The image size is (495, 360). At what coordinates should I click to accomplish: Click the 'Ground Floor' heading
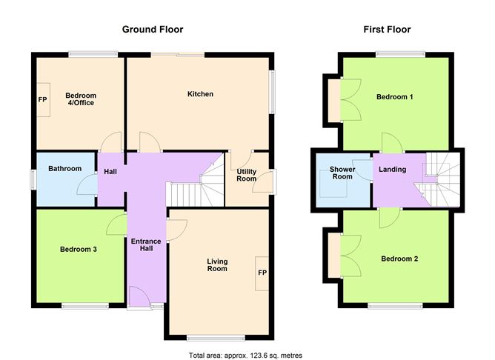tap(152, 30)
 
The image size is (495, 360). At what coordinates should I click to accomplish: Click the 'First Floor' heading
tap(387, 30)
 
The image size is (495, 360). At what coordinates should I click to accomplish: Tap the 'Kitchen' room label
tap(200, 94)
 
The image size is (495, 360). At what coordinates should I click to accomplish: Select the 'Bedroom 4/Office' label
tap(81, 99)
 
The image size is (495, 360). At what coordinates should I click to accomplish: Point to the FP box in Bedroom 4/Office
tap(42, 99)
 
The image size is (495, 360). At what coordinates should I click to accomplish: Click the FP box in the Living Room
tap(262, 273)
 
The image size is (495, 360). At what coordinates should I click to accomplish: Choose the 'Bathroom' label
tap(64, 169)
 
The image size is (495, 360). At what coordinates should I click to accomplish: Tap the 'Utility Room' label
tap(246, 175)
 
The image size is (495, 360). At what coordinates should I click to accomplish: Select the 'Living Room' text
tap(217, 266)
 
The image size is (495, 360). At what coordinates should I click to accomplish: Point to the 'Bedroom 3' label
tap(79, 250)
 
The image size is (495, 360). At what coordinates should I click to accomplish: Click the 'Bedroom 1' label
tap(395, 98)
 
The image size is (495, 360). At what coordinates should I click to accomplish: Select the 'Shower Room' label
tap(342, 173)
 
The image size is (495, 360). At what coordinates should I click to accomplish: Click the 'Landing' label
tap(392, 170)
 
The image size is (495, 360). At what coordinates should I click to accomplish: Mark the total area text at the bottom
tap(245, 355)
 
